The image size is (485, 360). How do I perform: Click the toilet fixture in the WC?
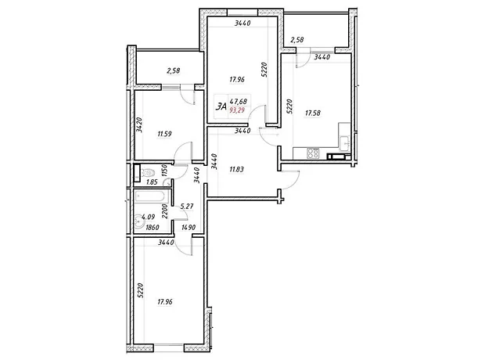point(148,172)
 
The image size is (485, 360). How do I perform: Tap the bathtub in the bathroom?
point(151,196)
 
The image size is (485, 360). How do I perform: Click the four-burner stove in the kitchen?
point(312,153)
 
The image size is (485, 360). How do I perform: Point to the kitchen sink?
point(344,143)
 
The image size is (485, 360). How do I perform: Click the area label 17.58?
point(313,113)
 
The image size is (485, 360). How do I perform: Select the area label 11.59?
point(164,134)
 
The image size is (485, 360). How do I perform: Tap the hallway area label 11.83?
point(236,169)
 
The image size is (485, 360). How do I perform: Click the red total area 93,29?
point(237,110)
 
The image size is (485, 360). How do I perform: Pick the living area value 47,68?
point(238,101)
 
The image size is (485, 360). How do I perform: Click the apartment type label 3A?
point(221,106)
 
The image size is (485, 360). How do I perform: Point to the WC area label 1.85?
point(152,182)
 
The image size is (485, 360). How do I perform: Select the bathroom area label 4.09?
point(148,218)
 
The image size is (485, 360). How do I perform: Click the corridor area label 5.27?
point(187,206)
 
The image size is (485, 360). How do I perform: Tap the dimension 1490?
point(189,228)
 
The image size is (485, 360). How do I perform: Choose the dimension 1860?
point(152,228)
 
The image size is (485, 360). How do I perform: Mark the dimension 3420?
point(139,124)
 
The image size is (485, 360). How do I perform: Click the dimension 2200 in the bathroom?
point(164,211)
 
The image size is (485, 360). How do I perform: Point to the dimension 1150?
point(164,171)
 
